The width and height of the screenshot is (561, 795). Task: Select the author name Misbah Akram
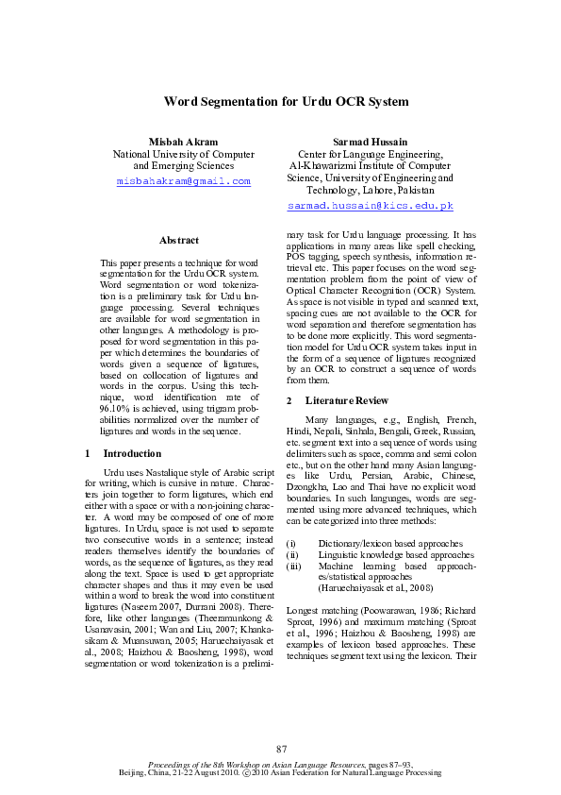tap(183, 141)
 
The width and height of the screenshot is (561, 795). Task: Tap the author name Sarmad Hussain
tap(371, 141)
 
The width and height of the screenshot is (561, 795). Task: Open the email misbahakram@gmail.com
tap(183, 180)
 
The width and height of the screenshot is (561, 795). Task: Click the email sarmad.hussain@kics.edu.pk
tap(371, 205)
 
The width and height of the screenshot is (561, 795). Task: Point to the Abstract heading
tap(179, 242)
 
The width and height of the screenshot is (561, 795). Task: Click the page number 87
tap(281, 750)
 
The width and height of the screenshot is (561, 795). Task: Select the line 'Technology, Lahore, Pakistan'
tap(371, 190)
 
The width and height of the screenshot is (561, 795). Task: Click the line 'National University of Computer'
tap(183, 154)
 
